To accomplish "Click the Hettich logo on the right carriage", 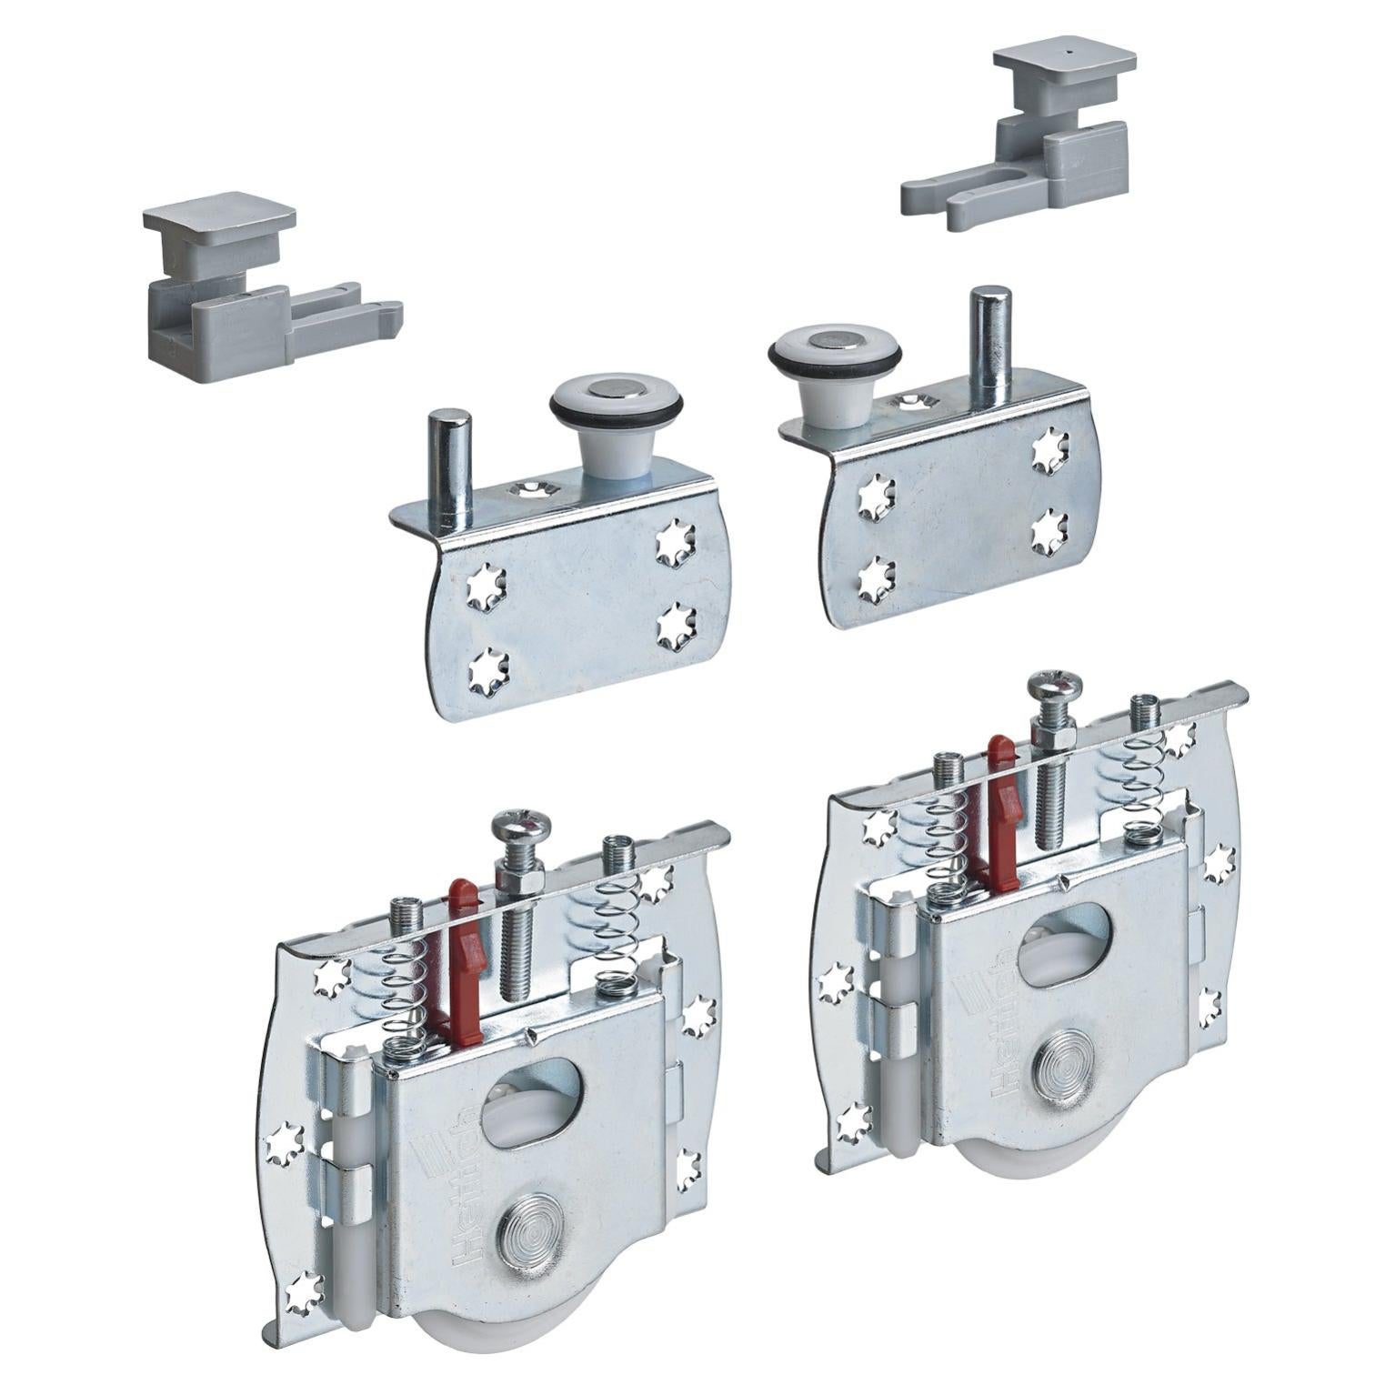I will point(986,1028).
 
